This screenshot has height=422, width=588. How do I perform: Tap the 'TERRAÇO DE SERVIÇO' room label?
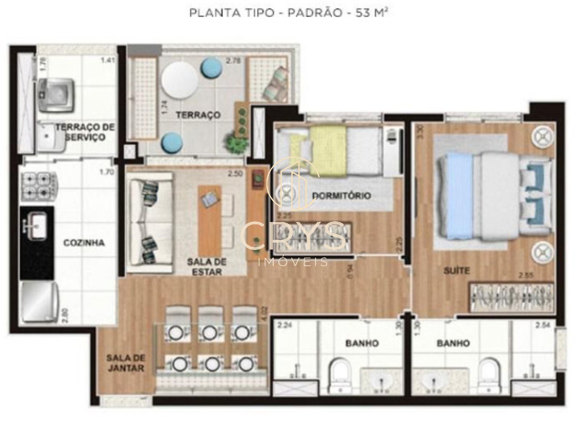click(x=85, y=132)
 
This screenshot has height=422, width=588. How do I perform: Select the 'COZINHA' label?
click(x=84, y=243)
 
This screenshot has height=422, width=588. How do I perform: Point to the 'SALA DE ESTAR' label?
click(x=207, y=267)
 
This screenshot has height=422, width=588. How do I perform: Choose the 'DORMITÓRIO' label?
click(x=341, y=196)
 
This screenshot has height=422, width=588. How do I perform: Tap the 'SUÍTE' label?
click(x=457, y=271)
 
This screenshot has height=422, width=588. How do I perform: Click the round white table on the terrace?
click(x=180, y=80)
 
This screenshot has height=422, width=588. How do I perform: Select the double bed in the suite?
click(x=494, y=196)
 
